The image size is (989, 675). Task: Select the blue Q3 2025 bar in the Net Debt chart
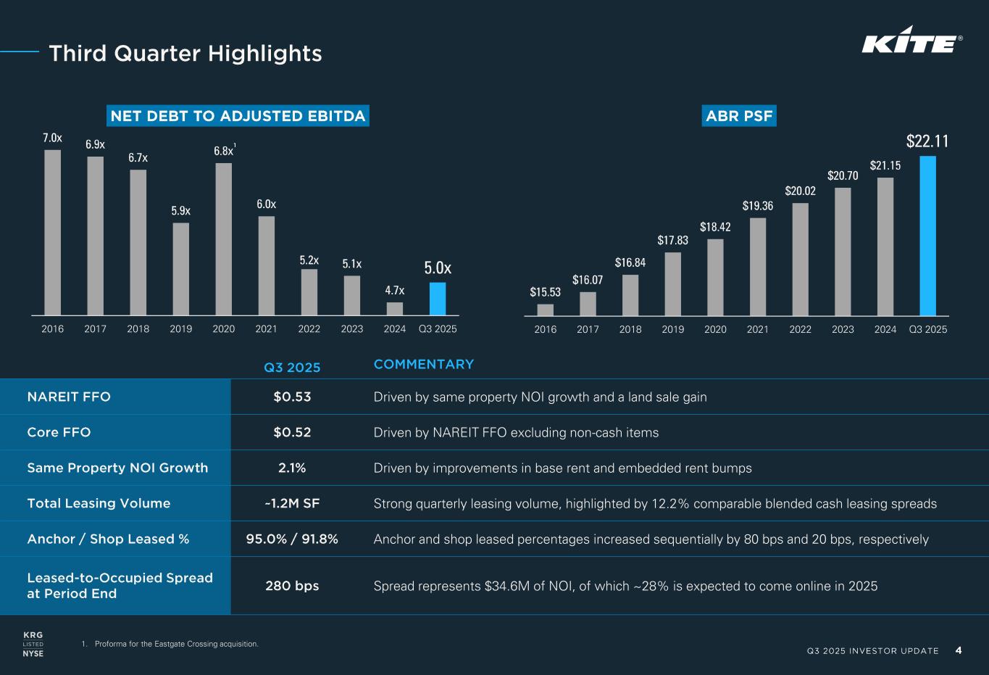click(x=438, y=299)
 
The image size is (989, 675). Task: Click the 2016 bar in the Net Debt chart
click(x=52, y=232)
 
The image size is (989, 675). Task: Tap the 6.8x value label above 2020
click(x=223, y=151)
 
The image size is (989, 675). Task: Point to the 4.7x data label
click(x=395, y=291)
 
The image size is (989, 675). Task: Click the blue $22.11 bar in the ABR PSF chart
click(x=927, y=236)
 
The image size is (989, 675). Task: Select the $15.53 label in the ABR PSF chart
click(x=545, y=292)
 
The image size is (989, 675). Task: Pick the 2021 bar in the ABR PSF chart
click(x=758, y=267)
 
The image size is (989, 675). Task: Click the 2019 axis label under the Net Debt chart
click(x=181, y=329)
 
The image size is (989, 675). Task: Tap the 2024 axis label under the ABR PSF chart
click(x=885, y=329)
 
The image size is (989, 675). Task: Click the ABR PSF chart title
click(x=739, y=116)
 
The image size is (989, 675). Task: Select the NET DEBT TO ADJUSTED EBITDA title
click(x=238, y=116)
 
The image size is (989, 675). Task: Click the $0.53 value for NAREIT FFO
click(x=292, y=397)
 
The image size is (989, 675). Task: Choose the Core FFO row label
click(x=59, y=432)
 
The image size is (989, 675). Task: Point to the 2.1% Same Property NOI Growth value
click(x=292, y=468)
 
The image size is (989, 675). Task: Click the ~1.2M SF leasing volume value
click(x=292, y=503)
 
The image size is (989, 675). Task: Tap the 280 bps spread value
click(x=292, y=585)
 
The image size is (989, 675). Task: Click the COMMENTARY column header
click(x=424, y=364)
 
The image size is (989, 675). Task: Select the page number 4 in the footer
click(x=959, y=650)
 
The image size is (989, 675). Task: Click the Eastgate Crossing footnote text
click(x=176, y=644)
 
